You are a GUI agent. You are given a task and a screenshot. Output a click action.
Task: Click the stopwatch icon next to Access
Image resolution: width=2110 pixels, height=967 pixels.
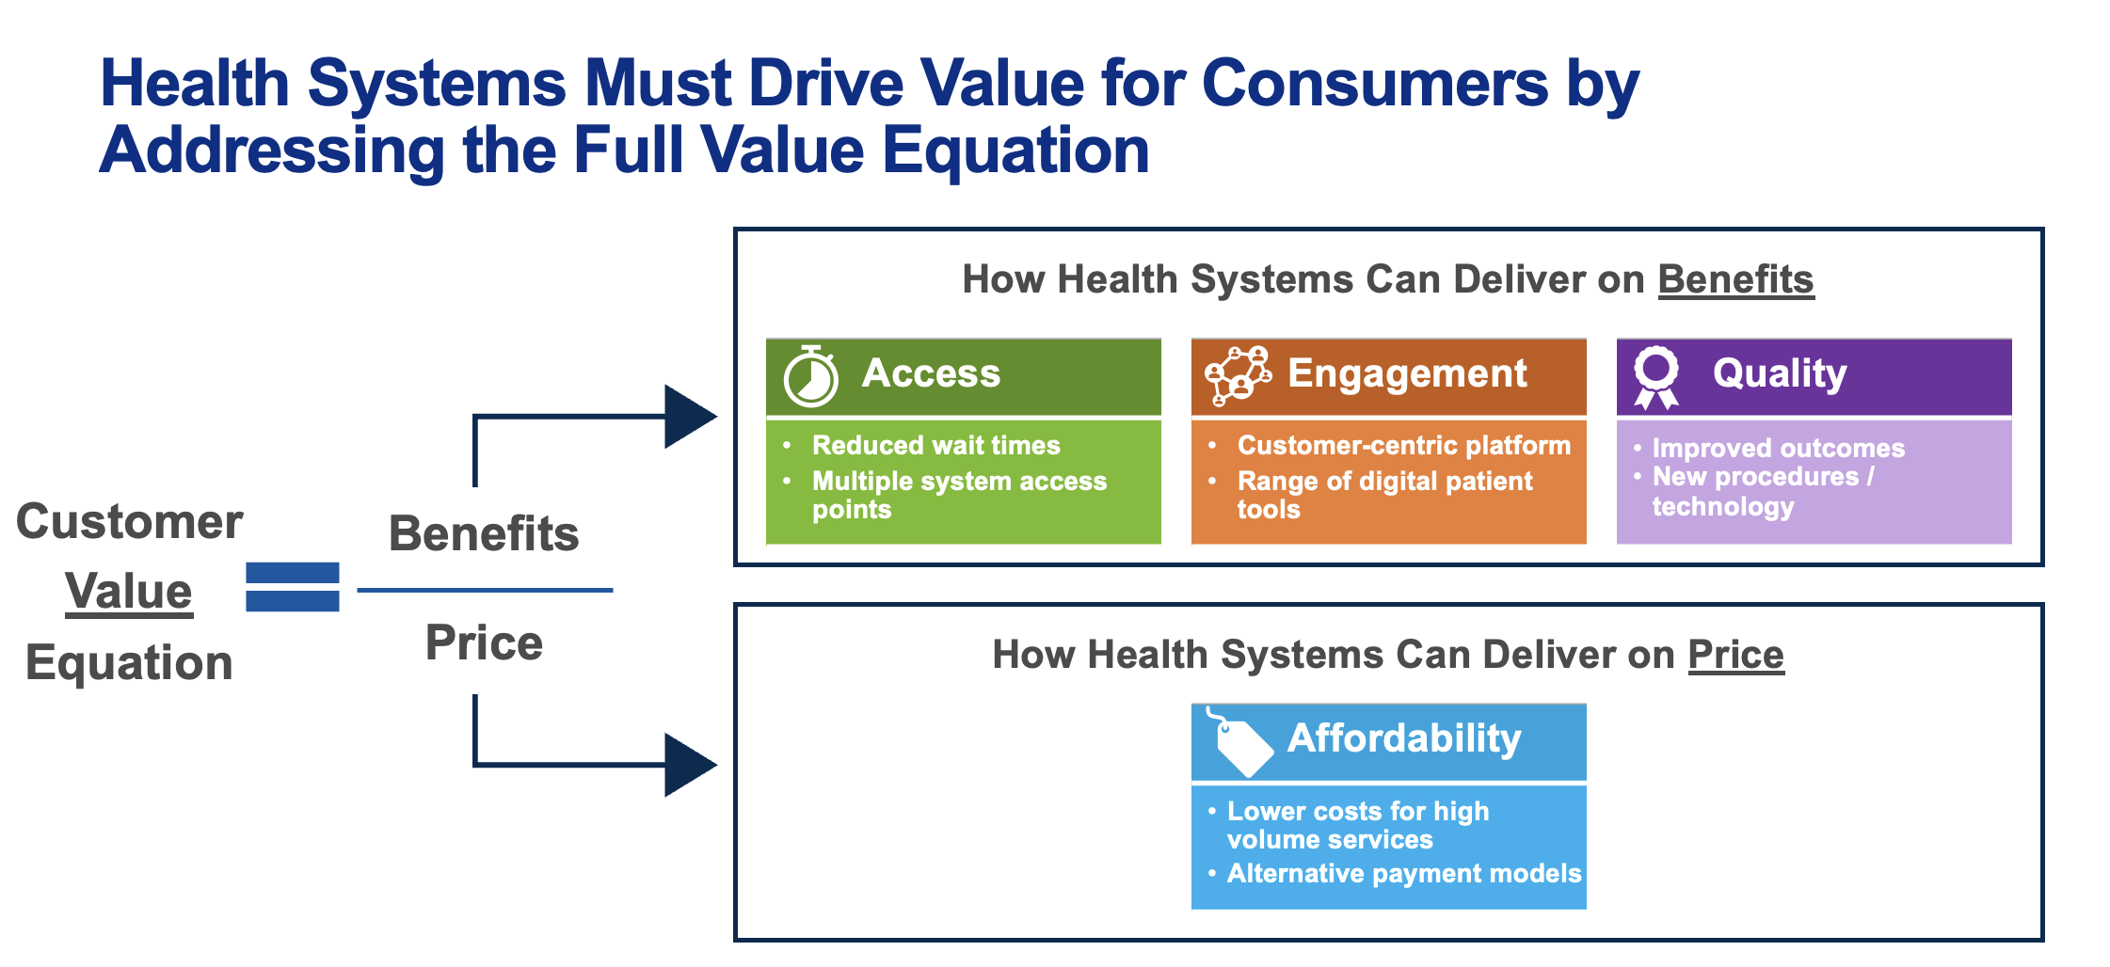point(810,376)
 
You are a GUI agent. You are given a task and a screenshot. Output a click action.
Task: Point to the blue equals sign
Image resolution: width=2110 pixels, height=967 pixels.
point(293,587)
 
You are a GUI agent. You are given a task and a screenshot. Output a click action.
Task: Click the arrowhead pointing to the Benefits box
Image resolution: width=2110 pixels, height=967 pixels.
point(691,417)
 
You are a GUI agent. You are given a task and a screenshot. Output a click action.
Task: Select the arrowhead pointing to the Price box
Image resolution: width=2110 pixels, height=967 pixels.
point(691,765)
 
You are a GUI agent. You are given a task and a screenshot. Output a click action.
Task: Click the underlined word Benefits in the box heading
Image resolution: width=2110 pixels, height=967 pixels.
point(1735,280)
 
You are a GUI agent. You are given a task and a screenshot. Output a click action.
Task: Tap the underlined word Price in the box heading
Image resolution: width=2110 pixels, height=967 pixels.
point(1735,656)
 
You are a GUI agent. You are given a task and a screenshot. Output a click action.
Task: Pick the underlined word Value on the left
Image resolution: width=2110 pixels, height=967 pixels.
point(129,593)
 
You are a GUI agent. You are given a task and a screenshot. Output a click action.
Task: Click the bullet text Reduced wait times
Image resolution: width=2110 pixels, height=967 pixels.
point(936,445)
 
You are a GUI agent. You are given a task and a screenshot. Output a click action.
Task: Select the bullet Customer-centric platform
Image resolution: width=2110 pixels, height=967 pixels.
point(1404,445)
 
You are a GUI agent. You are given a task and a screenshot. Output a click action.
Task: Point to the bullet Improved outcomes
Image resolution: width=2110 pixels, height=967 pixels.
point(1779,448)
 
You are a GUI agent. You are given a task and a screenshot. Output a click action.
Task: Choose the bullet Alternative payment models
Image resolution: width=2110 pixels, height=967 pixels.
point(1404,874)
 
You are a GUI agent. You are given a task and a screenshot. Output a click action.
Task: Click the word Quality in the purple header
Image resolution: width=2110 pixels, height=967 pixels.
point(1780,374)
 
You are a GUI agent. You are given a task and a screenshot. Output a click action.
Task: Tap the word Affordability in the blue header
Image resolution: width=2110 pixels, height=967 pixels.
point(1404,739)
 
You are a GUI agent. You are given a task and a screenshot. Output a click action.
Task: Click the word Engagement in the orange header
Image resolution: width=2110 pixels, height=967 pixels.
point(1407,374)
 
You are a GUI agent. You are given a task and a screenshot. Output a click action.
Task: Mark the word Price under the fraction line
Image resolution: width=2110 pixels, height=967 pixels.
point(484,643)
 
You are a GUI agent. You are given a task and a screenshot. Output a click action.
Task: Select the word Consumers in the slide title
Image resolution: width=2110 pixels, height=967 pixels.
point(1374,84)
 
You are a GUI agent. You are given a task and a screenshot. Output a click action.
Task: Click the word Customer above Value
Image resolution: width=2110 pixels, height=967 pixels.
point(130,522)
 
